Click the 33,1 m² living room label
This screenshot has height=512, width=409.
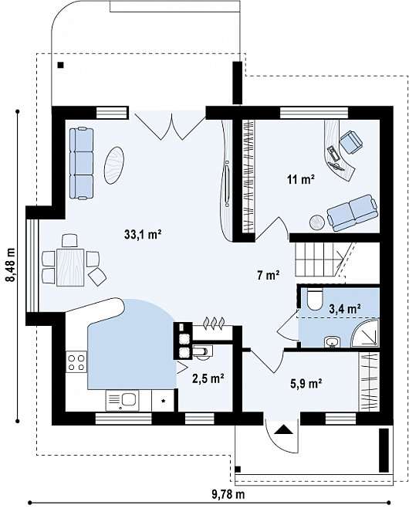tap(143, 234)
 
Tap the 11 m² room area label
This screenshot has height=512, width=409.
tap(301, 179)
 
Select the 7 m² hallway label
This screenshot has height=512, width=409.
tap(268, 275)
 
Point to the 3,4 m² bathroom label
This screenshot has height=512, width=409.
tap(345, 309)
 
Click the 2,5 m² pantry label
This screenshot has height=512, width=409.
tap(208, 378)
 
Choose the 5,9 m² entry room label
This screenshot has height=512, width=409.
tap(306, 383)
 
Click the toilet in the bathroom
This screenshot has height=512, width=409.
tap(315, 299)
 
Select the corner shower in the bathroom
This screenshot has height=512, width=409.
tap(367, 334)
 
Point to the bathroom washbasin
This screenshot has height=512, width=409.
tap(333, 342)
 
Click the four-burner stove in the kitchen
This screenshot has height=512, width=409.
tap(76, 361)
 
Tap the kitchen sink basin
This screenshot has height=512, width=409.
tap(129, 399)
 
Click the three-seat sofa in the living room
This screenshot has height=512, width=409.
tap(81, 163)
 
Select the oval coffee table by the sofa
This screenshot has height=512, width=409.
tap(114, 165)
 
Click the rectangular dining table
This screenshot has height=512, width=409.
tap(70, 267)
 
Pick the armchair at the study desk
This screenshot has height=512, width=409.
tap(351, 142)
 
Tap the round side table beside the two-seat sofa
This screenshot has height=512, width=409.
tap(316, 222)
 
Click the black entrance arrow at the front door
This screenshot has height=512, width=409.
tap(283, 429)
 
